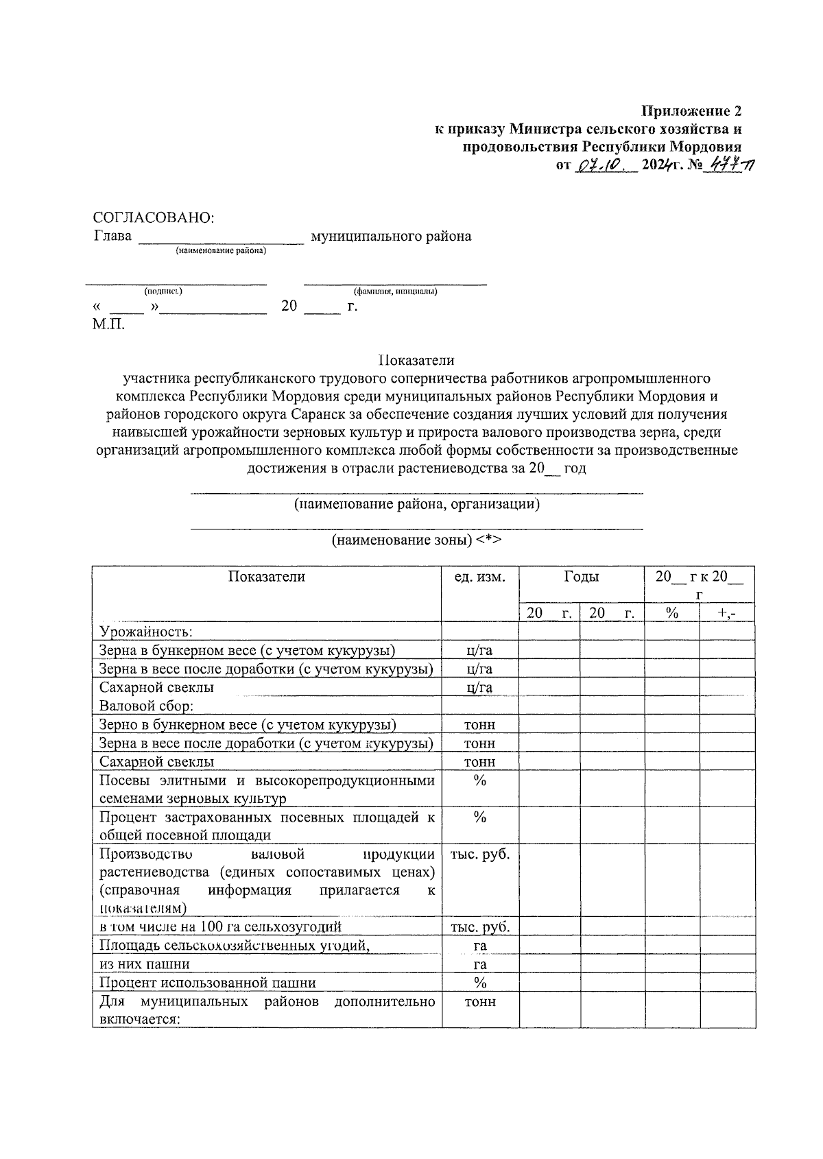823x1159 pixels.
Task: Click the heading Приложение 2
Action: point(691,110)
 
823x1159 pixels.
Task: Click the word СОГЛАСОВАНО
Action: point(154,217)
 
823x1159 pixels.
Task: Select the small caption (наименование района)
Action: point(221,251)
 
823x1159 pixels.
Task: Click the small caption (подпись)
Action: point(163,291)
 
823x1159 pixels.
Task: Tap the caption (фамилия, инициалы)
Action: point(396,291)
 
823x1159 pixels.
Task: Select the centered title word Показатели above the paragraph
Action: point(416,360)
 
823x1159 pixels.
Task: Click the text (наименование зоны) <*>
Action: point(416,540)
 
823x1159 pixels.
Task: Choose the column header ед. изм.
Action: point(480,577)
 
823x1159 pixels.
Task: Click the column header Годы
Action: point(581,577)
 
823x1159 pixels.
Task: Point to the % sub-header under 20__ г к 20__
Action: point(672,613)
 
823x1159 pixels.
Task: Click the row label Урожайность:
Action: point(146,632)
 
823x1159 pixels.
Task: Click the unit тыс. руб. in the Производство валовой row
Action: point(480,855)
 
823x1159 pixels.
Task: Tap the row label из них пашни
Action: point(145,964)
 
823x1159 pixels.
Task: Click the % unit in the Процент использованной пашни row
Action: point(480,983)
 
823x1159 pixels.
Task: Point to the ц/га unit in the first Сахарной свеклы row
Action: point(480,687)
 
